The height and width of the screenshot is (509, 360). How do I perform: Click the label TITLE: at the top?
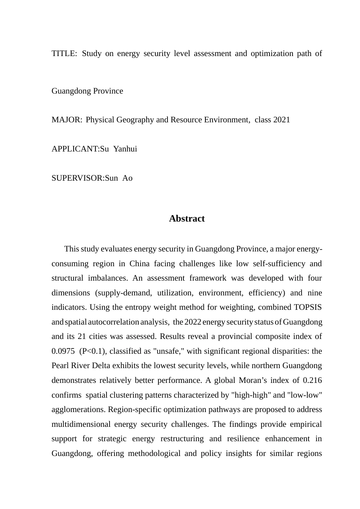pos(64,53)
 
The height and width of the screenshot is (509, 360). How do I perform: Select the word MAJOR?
pos(67,120)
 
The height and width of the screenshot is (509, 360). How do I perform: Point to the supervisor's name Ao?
pos(127,178)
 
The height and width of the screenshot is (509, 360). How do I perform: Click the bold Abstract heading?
pos(187,219)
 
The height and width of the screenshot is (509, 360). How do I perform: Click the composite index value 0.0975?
pos(63,351)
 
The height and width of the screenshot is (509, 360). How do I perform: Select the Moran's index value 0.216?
pos(312,381)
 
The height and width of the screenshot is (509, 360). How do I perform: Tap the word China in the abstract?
pos(139,264)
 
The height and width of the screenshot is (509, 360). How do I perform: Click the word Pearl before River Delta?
pos(60,366)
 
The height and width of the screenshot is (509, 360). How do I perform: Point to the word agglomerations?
pos(78,410)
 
